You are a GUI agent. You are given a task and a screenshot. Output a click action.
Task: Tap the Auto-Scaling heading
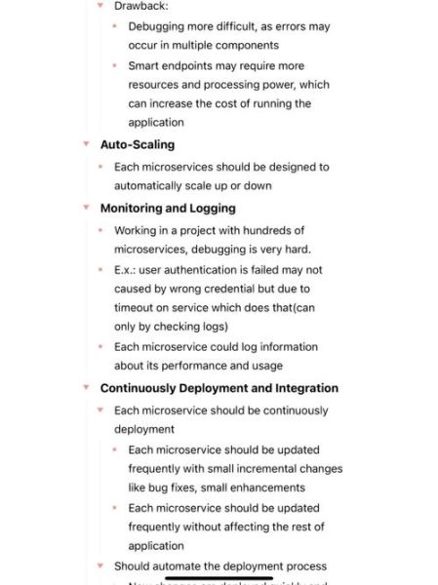pyautogui.click(x=138, y=144)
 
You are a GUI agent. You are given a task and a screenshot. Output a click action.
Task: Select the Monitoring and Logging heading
pyautogui.click(x=168, y=208)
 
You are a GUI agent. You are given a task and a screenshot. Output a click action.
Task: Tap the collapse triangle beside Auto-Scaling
pyautogui.click(x=86, y=144)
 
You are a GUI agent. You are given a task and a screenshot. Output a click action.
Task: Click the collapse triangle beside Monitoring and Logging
pyautogui.click(x=86, y=208)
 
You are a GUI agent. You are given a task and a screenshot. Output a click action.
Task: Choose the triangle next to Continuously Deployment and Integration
pyautogui.click(x=86, y=388)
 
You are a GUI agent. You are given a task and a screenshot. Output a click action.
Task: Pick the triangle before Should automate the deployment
pyautogui.click(x=100, y=565)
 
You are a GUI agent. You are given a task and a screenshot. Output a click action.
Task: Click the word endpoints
pyautogui.click(x=194, y=66)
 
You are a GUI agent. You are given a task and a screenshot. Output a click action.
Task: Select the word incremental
pyautogui.click(x=269, y=468)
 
